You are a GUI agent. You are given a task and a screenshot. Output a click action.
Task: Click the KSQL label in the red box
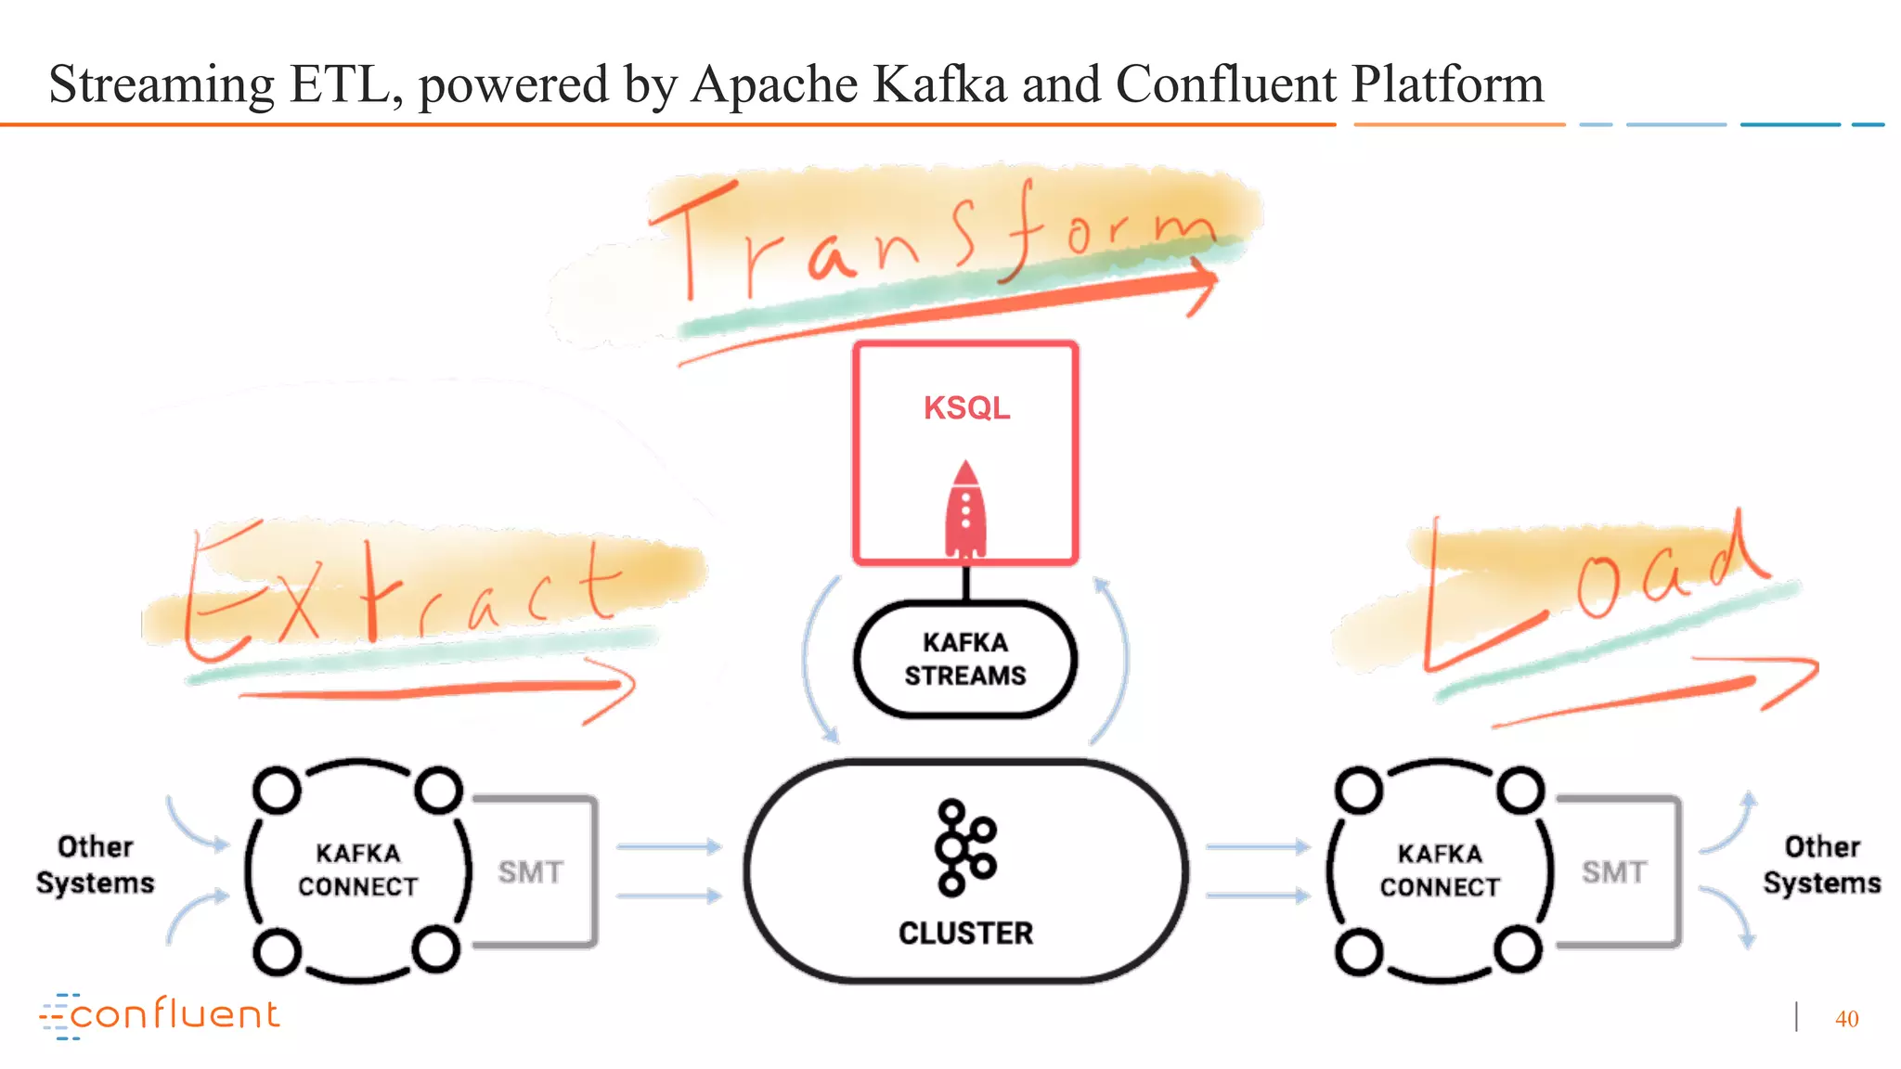966,408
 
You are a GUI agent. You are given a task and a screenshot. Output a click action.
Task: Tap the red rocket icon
965,511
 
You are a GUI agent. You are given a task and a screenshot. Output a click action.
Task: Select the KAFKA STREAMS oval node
965,659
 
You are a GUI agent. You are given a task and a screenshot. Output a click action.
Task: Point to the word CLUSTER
965,933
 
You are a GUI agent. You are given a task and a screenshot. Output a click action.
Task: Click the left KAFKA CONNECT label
358,869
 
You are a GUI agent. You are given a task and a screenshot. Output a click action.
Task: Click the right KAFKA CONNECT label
1440,869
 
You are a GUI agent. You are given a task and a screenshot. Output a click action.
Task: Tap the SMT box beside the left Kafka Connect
531,872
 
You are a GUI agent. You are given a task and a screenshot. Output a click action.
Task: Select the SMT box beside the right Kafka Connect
1614,872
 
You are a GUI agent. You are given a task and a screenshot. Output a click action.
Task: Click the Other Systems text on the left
96,865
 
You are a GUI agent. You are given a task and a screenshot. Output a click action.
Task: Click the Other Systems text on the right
1822,865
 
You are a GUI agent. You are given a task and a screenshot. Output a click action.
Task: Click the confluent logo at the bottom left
160,1015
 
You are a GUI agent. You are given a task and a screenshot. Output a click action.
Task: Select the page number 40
1846,1019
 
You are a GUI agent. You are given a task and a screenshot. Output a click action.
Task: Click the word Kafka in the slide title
939,84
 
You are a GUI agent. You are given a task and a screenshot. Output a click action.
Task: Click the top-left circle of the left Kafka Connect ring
277,791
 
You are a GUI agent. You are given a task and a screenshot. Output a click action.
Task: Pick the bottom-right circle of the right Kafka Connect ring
1519,950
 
